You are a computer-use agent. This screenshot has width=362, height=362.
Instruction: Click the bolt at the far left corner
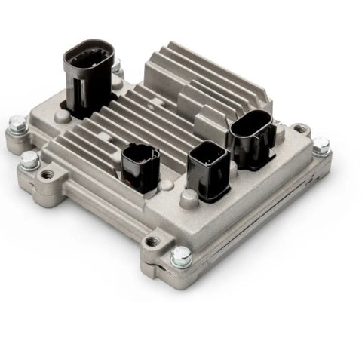click(17, 124)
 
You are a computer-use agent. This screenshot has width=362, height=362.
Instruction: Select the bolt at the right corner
click(321, 145)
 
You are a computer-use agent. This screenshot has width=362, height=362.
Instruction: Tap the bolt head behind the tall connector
click(117, 66)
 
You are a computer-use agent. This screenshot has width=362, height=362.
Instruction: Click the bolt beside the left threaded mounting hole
click(29, 160)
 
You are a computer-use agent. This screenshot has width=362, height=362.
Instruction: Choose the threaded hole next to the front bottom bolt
click(154, 241)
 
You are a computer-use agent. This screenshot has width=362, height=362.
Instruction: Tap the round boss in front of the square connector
click(188, 198)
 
